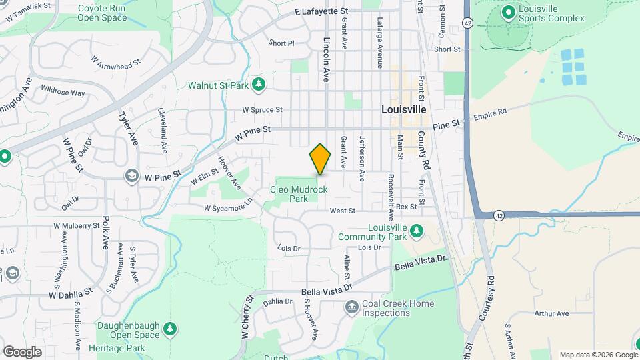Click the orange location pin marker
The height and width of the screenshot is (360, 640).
[320, 159]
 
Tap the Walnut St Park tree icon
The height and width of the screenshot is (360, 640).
[259, 84]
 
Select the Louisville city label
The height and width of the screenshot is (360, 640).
[403, 109]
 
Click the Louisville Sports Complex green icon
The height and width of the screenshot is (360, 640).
[508, 11]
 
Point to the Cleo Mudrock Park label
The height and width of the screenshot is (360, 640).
[299, 194]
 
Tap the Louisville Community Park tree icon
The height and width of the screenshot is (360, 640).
[417, 230]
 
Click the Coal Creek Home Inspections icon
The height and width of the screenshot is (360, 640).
[351, 307]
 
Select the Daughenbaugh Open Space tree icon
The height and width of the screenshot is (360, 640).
[171, 328]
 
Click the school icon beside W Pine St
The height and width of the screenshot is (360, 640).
[133, 175]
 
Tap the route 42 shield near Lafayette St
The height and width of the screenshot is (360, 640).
[468, 23]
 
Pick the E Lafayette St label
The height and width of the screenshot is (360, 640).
[321, 12]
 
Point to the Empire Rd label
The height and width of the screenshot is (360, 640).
[490, 115]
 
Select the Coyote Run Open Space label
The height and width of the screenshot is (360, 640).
[102, 13]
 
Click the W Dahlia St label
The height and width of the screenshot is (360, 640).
[70, 294]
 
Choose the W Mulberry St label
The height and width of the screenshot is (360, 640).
[77, 226]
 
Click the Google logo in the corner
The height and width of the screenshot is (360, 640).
[22, 351]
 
